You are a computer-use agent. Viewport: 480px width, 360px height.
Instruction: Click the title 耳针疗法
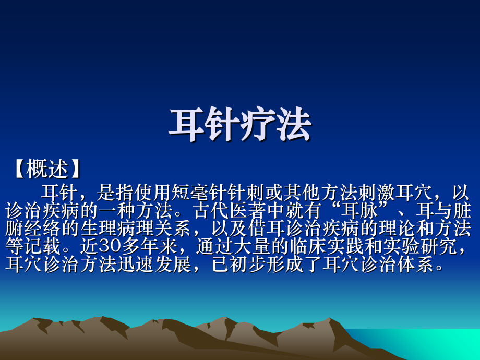239,125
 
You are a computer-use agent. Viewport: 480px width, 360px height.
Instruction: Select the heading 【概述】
47,169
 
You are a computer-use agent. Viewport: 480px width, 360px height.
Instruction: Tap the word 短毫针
195,194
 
